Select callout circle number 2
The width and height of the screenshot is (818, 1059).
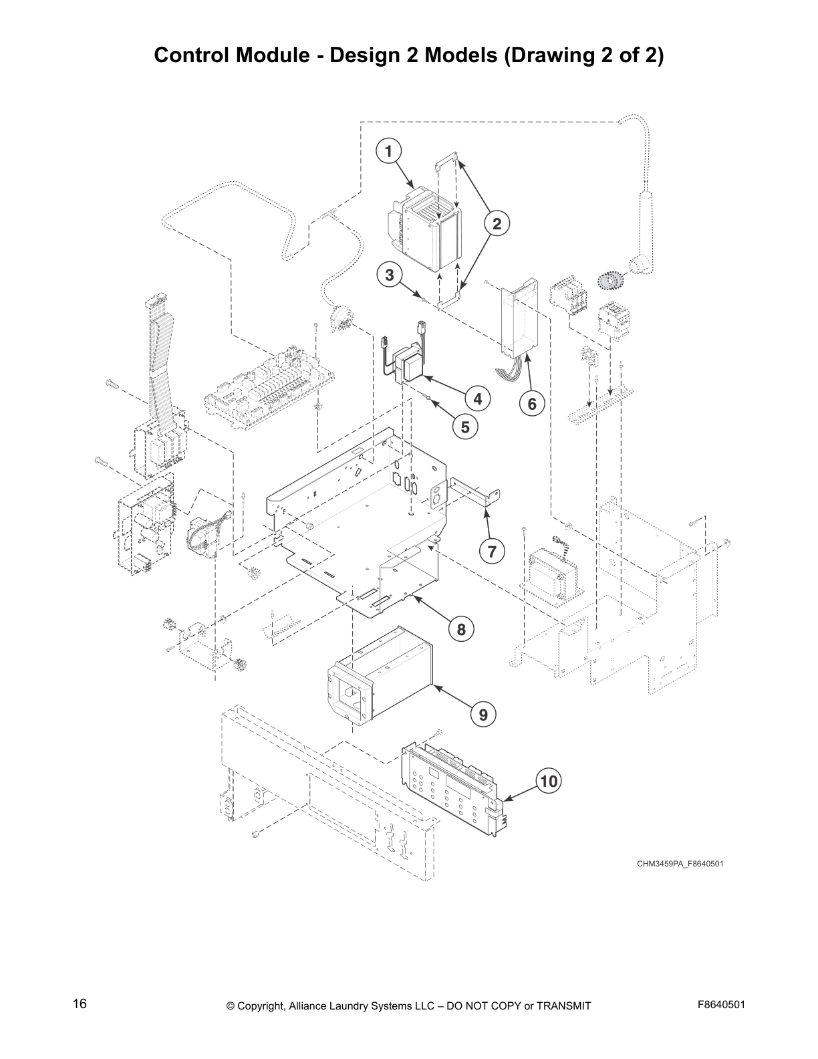(497, 224)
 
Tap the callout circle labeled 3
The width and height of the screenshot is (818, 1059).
(389, 274)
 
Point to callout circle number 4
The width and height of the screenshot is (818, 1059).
(477, 399)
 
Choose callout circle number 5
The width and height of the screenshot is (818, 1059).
(464, 426)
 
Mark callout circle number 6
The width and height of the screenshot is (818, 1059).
(532, 404)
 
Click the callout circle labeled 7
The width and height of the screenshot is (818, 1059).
(492, 552)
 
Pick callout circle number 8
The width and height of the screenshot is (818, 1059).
(461, 629)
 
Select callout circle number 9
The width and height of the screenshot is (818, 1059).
(483, 715)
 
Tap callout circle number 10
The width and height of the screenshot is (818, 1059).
(549, 780)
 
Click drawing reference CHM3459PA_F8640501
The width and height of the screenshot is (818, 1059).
(680, 863)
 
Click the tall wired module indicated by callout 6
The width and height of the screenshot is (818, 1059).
(518, 318)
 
